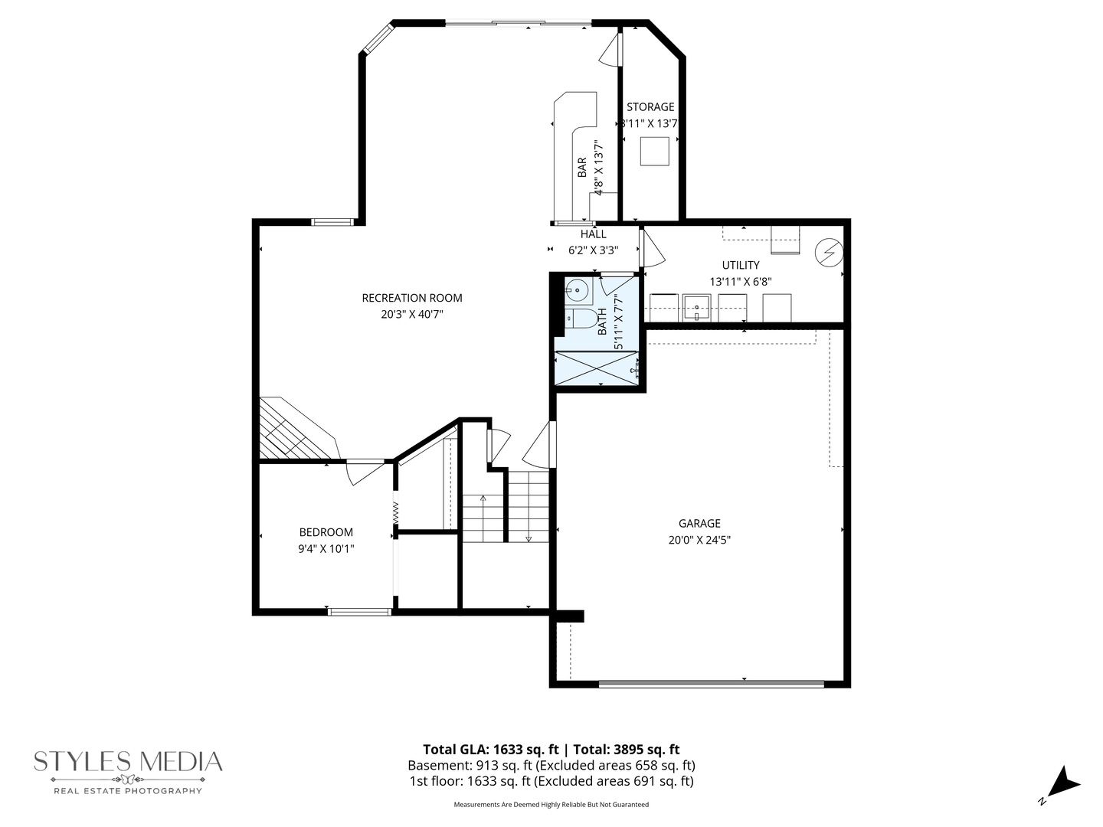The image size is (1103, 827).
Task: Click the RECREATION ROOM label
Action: [x=412, y=298]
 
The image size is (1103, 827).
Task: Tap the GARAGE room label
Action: [x=699, y=524]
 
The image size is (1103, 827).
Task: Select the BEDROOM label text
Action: [x=326, y=532]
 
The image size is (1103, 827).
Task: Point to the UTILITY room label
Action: [x=741, y=265]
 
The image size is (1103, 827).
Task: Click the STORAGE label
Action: [x=650, y=107]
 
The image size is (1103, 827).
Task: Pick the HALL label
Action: [x=593, y=234]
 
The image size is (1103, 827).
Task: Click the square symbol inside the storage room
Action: [x=656, y=151]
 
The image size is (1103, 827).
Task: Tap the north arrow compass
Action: [x=1061, y=785]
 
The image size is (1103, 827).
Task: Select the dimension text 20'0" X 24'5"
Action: [x=699, y=540]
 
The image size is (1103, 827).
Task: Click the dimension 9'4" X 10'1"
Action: [x=326, y=548]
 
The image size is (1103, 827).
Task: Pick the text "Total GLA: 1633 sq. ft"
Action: [x=490, y=750]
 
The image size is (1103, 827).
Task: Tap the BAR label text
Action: [x=582, y=167]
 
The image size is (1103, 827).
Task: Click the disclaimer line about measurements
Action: [x=551, y=805]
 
